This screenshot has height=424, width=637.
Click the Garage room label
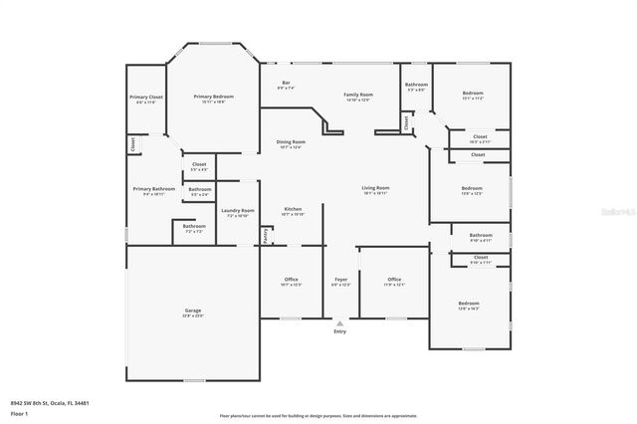(193, 312)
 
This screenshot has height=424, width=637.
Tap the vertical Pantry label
(265, 234)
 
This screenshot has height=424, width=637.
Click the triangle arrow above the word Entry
(340, 322)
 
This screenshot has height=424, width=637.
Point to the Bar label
(286, 83)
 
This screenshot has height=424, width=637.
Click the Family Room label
(357, 95)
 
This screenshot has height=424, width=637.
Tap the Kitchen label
(292, 209)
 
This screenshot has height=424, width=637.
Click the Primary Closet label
(145, 98)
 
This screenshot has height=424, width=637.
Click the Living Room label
(374, 188)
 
